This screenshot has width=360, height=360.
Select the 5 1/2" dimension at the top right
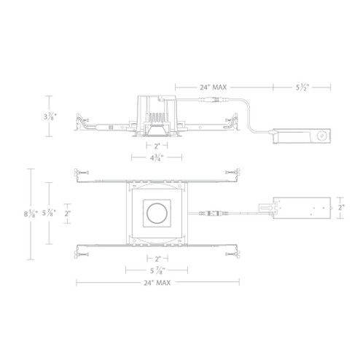pos(303,87)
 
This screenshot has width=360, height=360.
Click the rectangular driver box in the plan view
pos(299,208)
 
